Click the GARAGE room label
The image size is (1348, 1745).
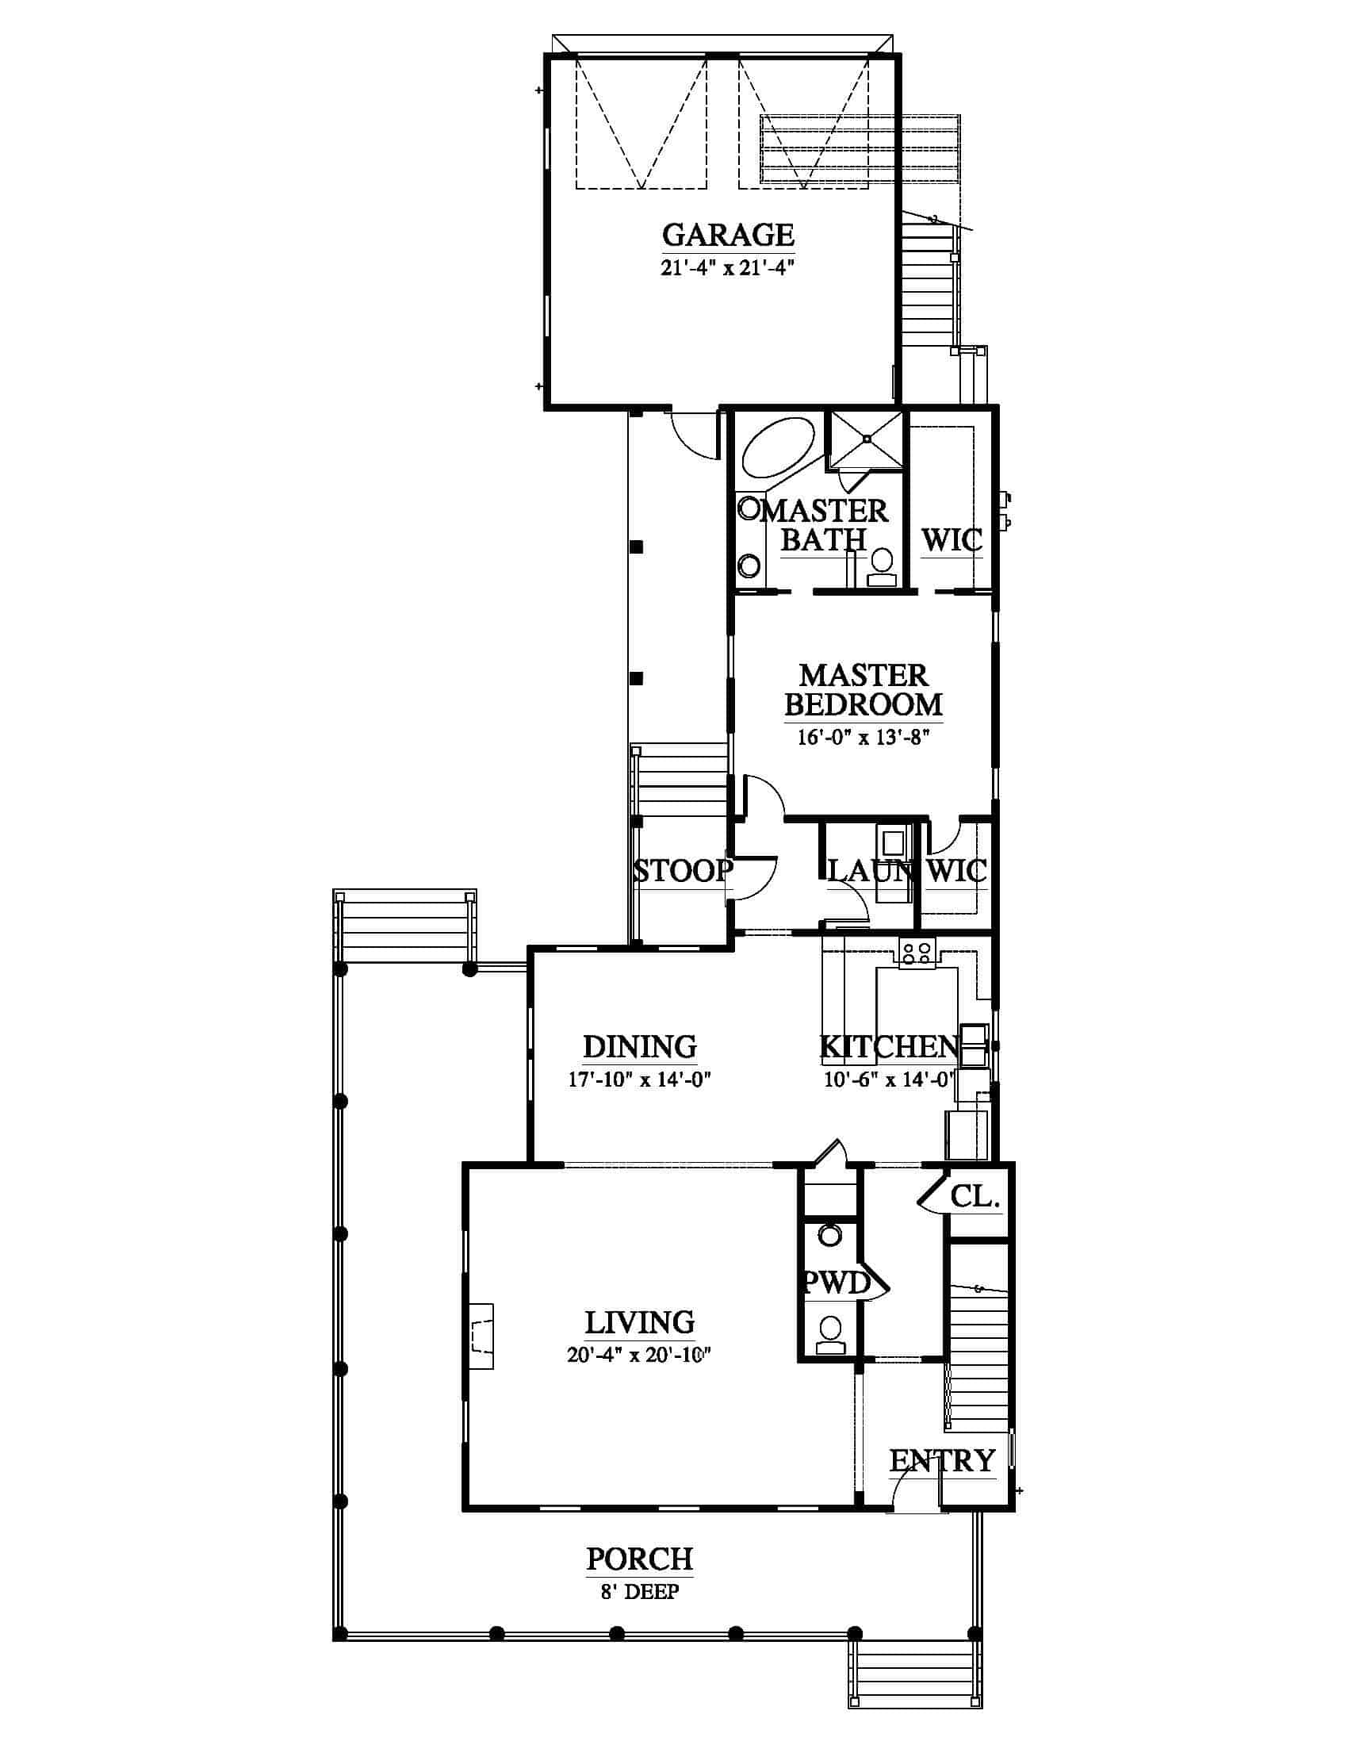point(728,235)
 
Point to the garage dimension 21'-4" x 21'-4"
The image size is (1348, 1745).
point(728,268)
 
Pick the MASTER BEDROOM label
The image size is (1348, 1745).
point(864,690)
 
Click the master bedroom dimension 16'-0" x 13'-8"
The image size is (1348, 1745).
point(864,737)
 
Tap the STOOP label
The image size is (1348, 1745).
point(683,870)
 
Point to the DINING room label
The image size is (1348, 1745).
point(640,1047)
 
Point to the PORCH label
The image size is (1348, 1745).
point(640,1559)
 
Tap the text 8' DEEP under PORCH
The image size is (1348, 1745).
point(640,1593)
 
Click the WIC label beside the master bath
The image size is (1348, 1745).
point(952,541)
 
